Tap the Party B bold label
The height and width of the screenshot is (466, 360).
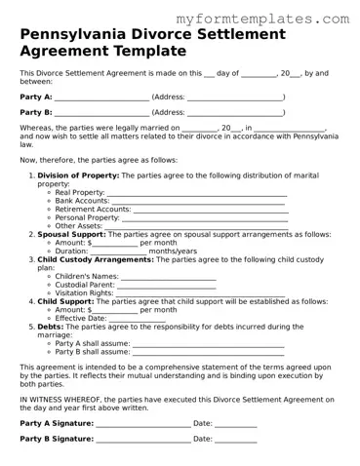(36, 112)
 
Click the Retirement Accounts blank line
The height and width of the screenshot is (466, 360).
(210, 210)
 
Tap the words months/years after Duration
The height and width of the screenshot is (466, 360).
(173, 251)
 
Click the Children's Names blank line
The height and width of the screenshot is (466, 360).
(169, 277)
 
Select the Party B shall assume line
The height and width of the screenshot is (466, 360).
(208, 352)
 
